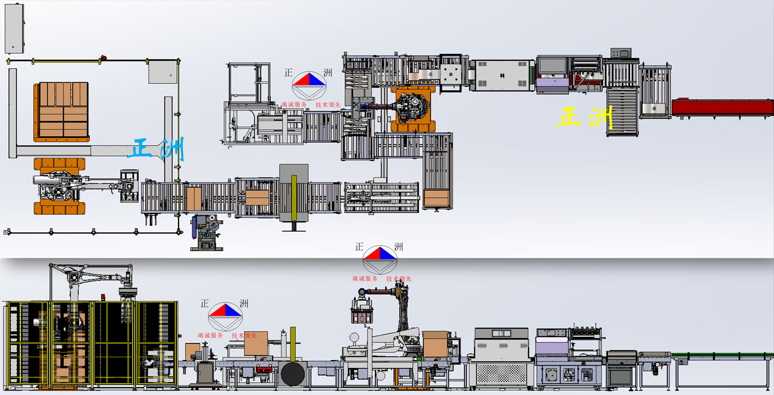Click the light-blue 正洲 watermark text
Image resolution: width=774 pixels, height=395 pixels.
pos(156,149)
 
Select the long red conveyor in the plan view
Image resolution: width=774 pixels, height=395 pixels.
pos(723,107)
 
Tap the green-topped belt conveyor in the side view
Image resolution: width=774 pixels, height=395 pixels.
pos(723,356)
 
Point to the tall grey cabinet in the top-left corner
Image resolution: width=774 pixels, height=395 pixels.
pos(14,28)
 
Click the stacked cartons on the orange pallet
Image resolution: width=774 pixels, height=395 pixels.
pos(64,110)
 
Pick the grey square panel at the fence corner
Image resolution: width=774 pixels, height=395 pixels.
pos(163,72)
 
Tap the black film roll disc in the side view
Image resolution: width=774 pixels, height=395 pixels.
pos(292,374)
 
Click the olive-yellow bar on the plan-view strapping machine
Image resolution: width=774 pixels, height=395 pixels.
pos(294,198)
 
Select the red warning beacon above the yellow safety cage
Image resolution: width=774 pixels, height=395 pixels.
pos(103,297)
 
